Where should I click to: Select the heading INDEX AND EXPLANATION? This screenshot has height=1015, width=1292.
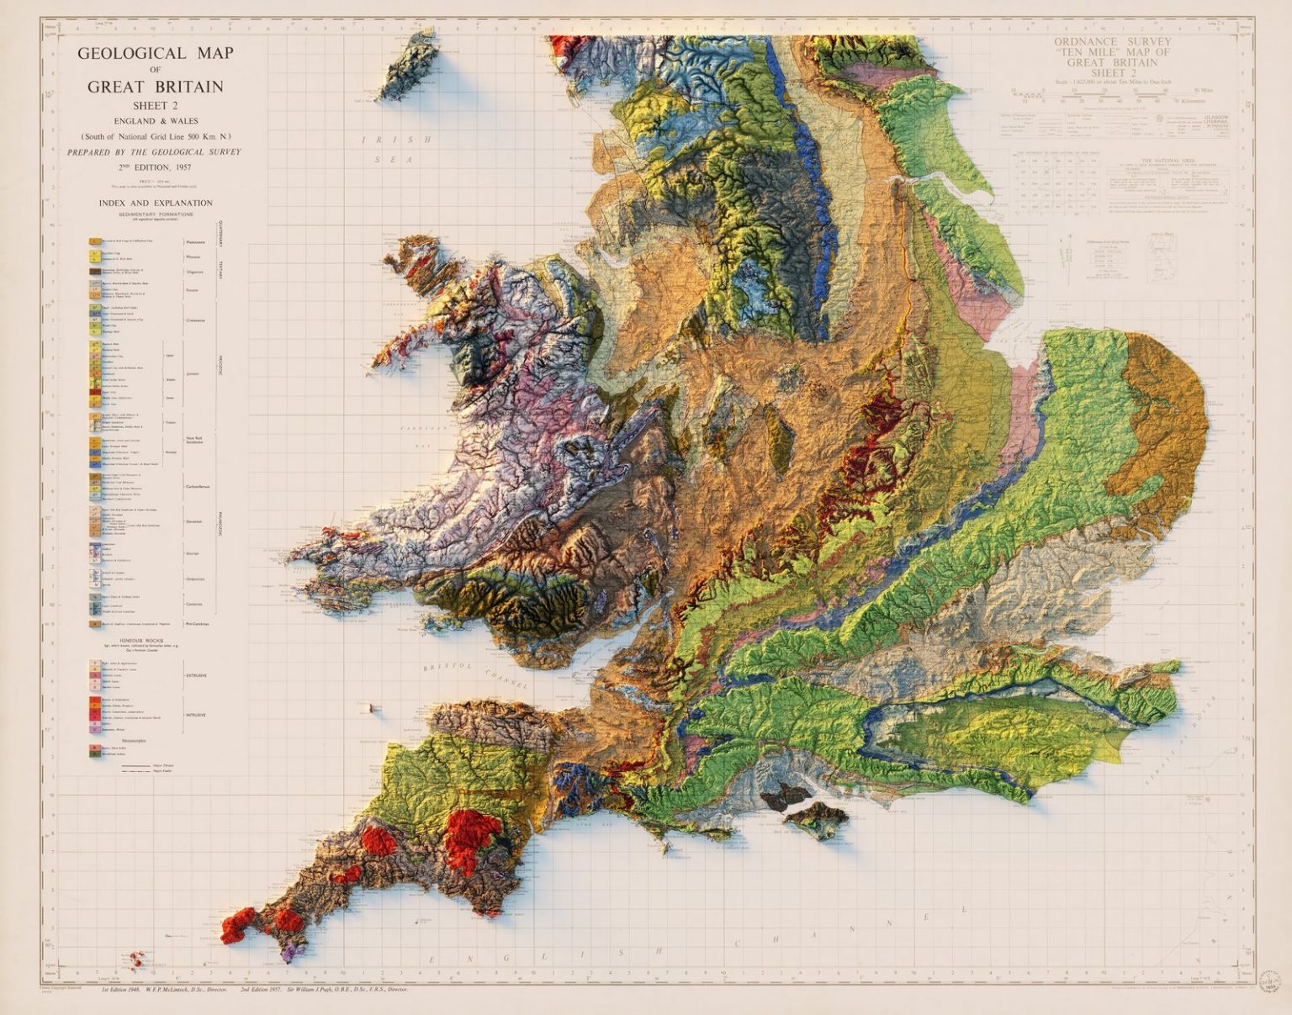pos(156,203)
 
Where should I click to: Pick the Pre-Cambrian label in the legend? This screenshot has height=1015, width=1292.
pos(199,624)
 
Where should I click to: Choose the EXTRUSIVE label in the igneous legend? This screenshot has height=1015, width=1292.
pos(196,674)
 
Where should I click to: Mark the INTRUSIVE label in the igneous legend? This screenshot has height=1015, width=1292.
pos(196,715)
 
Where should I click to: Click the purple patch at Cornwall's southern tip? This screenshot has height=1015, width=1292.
pos(292,950)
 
